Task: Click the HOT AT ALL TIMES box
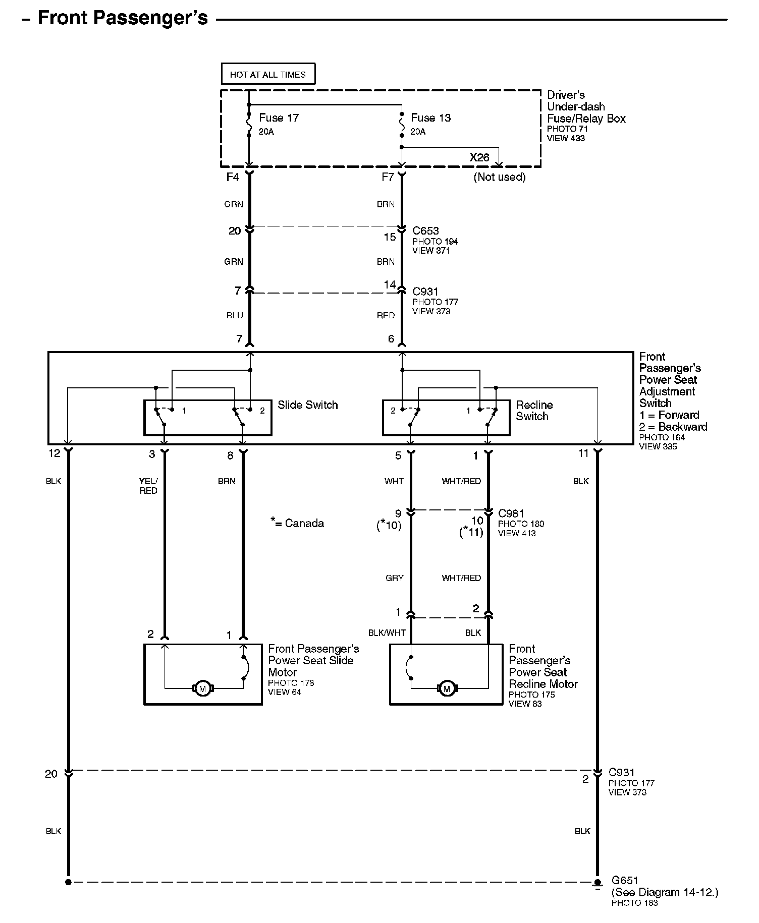pos(268,74)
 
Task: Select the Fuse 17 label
pos(279,118)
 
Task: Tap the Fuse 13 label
pos(430,118)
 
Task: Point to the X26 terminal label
pos(479,157)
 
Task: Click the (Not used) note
pos(499,177)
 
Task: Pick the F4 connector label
pos(232,177)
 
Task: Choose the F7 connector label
pos(388,177)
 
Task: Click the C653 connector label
pos(425,231)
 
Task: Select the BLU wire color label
pos(235,316)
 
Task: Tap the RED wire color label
pos(386,316)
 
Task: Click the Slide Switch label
pos(307,405)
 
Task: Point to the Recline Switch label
pos(534,411)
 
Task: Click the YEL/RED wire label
pos(148,486)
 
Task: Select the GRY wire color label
pos(394,578)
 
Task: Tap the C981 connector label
pos(511,513)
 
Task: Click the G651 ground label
pos(625,881)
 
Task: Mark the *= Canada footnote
pos(297,523)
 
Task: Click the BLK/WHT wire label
pos(387,633)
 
